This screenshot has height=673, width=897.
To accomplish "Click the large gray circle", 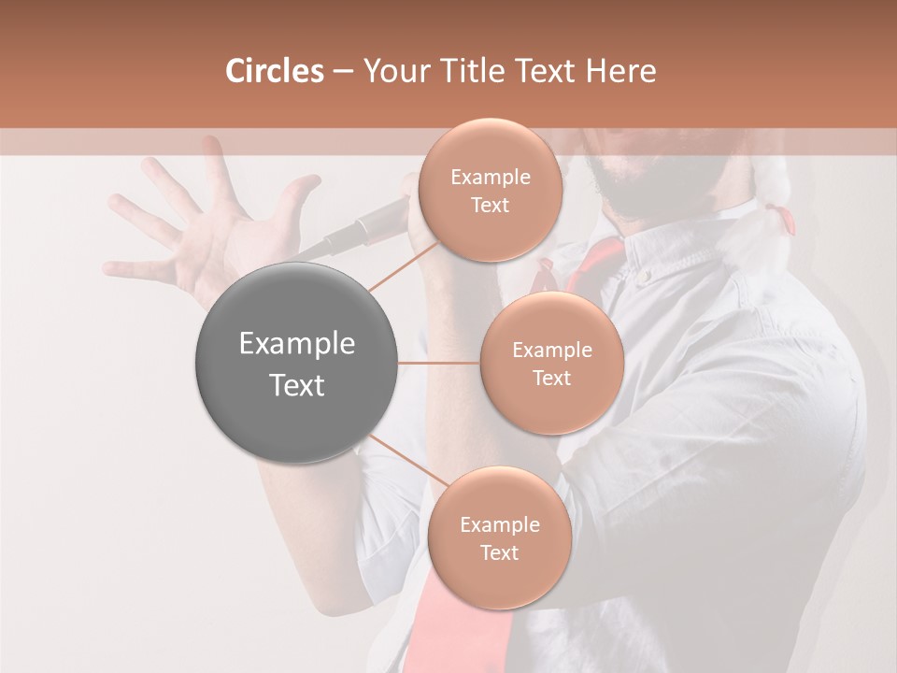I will tap(296, 363).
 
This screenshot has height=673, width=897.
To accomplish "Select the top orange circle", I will tap(490, 190).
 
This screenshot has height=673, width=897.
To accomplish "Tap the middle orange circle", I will tap(551, 363).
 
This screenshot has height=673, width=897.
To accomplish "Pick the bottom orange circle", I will tap(499, 537).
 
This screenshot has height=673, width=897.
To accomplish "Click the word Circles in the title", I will tap(275, 71).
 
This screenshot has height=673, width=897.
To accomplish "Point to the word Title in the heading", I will tap(476, 71).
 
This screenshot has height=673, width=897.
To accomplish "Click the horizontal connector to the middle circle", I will tap(439, 363).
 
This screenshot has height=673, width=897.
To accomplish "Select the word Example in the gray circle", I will tap(296, 344).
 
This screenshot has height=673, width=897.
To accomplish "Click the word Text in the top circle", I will tap(490, 205).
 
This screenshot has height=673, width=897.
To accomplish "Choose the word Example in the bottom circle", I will tap(499, 524).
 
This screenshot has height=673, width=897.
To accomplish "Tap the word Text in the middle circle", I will tap(551, 378).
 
